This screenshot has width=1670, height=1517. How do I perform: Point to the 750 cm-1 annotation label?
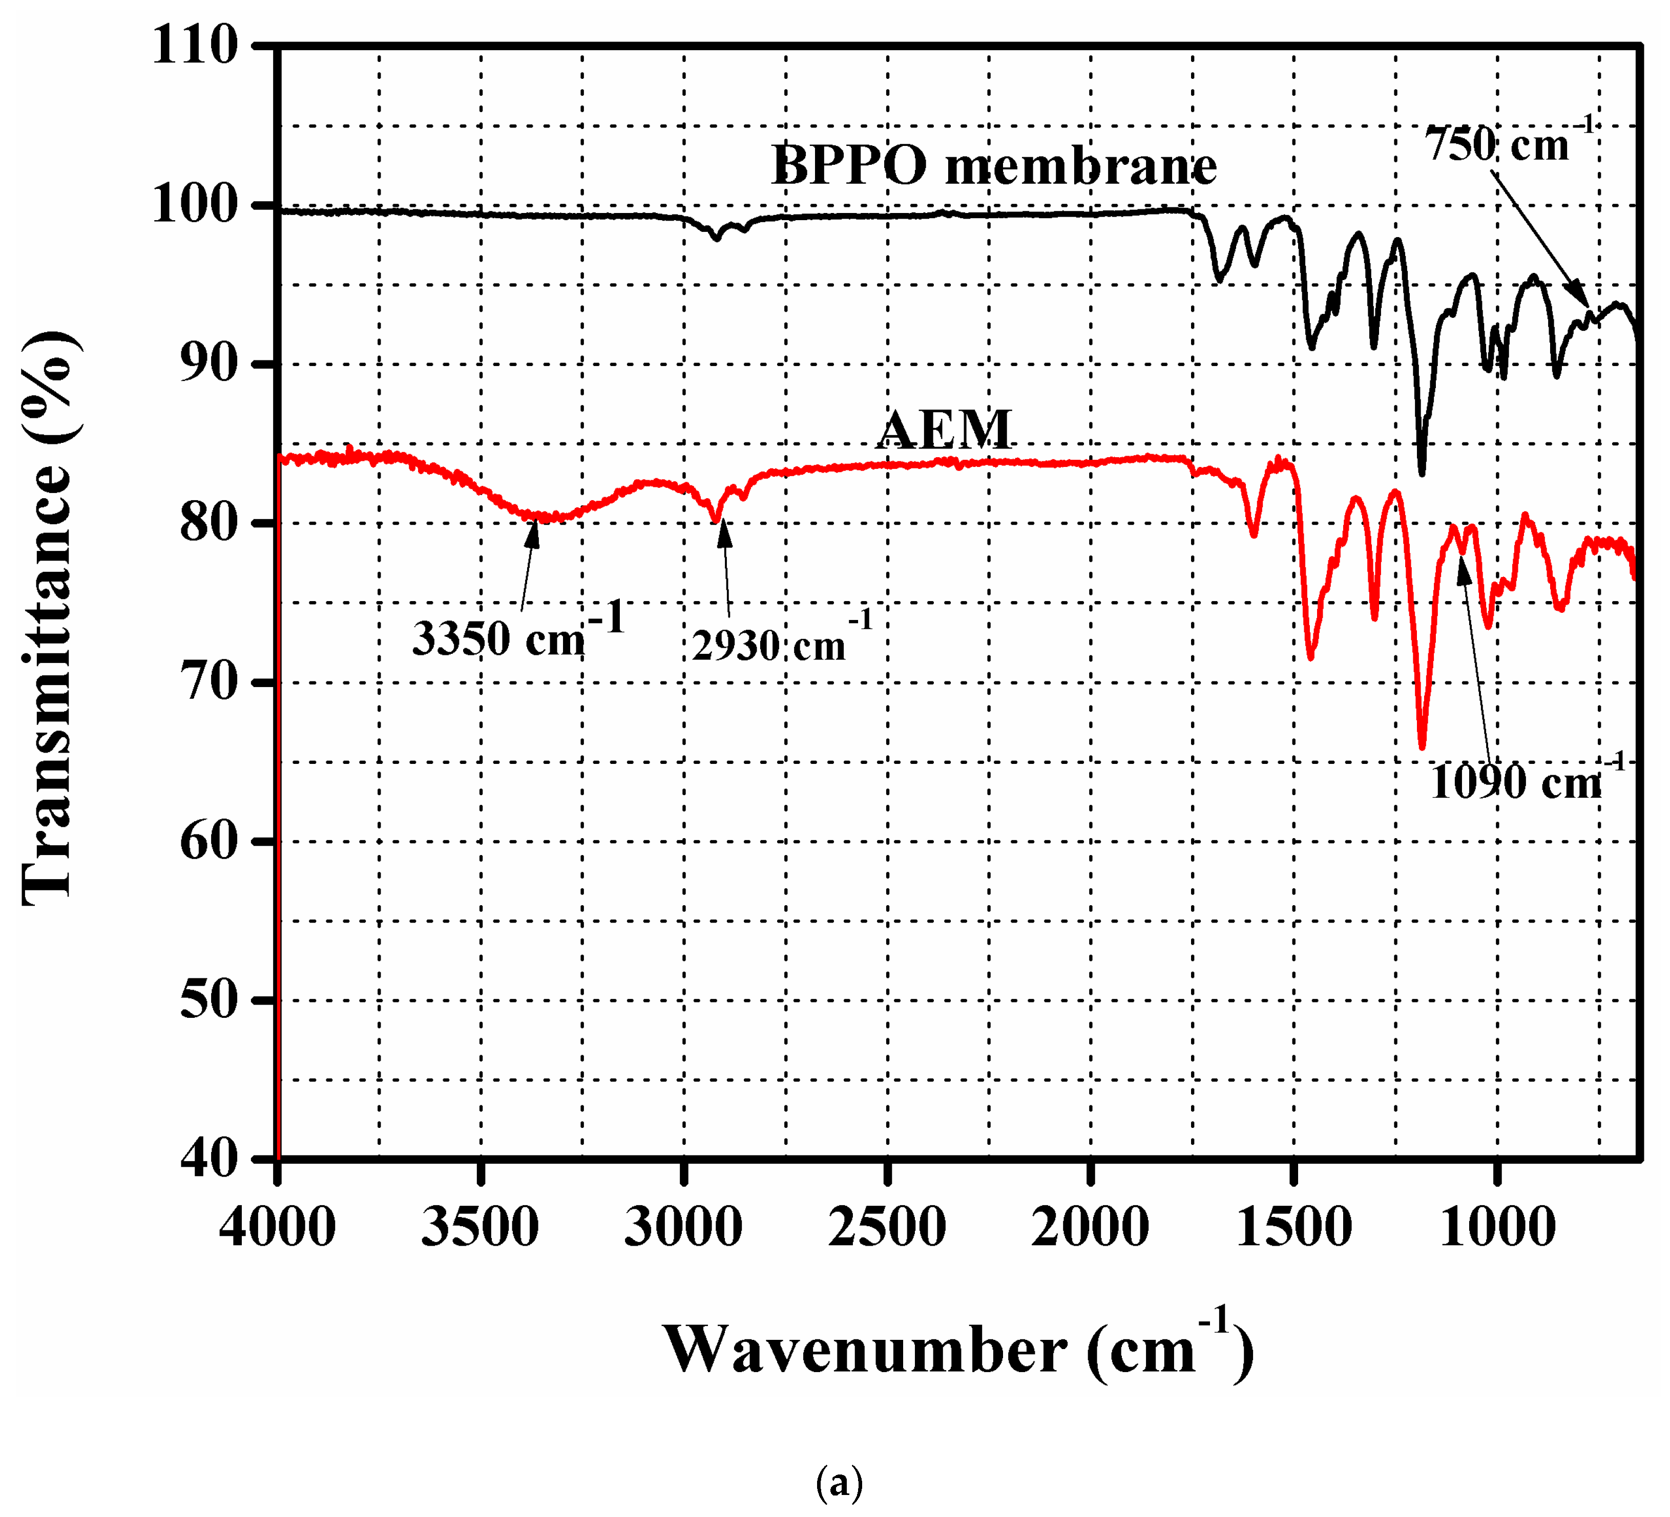[x=1508, y=143]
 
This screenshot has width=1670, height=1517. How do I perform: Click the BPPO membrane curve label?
[x=993, y=165]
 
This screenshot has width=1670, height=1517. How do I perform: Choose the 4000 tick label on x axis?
[x=278, y=1227]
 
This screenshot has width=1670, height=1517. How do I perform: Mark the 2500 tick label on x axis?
[x=887, y=1227]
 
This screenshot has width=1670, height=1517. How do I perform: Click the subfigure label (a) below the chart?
[x=839, y=1482]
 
